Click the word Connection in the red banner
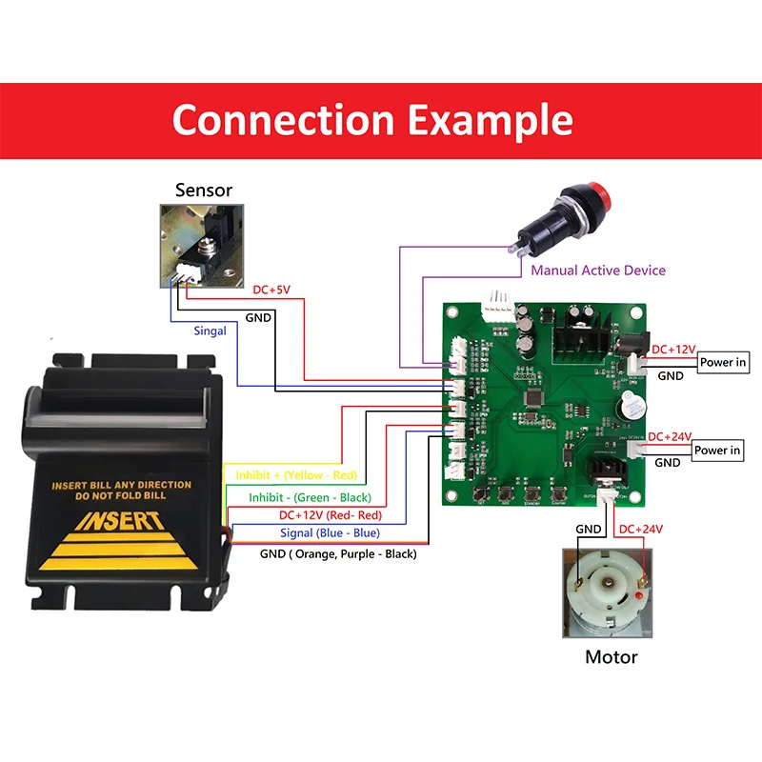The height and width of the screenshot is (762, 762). point(283,121)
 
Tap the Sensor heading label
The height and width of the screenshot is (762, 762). point(203,190)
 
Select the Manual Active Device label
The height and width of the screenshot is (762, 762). point(598,271)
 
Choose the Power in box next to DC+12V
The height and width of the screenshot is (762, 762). point(723,362)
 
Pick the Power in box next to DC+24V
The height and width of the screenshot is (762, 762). point(717,450)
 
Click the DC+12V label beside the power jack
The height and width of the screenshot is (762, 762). point(672,350)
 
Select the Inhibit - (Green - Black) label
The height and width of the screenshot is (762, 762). point(310,497)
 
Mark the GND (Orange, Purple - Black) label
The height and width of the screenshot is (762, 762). point(338,553)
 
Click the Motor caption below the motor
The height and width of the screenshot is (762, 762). point(611,657)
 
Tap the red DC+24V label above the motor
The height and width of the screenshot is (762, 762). point(641,529)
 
